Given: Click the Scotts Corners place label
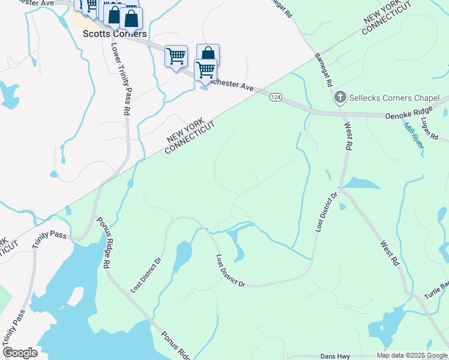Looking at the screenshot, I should tap(114, 34).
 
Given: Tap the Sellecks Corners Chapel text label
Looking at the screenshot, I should tap(394, 98).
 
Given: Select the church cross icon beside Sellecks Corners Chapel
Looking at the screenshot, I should tap(340, 97).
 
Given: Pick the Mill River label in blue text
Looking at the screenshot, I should tap(414, 135).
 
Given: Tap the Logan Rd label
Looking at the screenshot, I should tap(427, 130).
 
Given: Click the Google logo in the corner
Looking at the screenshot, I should tap(20, 353).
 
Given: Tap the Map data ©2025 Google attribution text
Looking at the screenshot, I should tap(412, 355).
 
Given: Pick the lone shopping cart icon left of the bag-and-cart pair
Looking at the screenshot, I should tap(176, 57).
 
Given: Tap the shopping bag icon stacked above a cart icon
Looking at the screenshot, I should tap(208, 54).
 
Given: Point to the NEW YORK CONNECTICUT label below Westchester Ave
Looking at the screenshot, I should tap(190, 136).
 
